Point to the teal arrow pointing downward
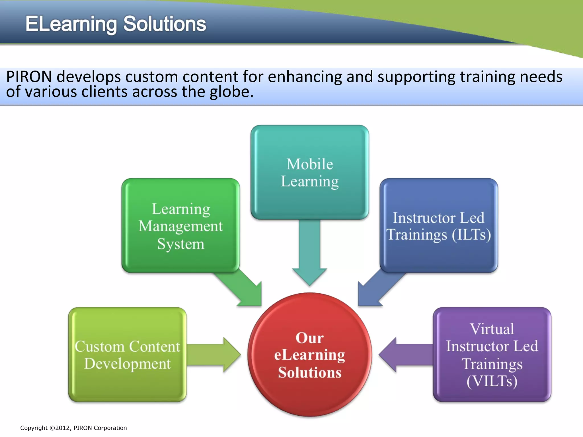point(310,250)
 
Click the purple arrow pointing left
point(404,354)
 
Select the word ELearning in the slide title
point(71,24)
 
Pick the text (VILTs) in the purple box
point(492,381)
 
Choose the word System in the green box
point(181,244)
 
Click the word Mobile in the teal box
point(310,164)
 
